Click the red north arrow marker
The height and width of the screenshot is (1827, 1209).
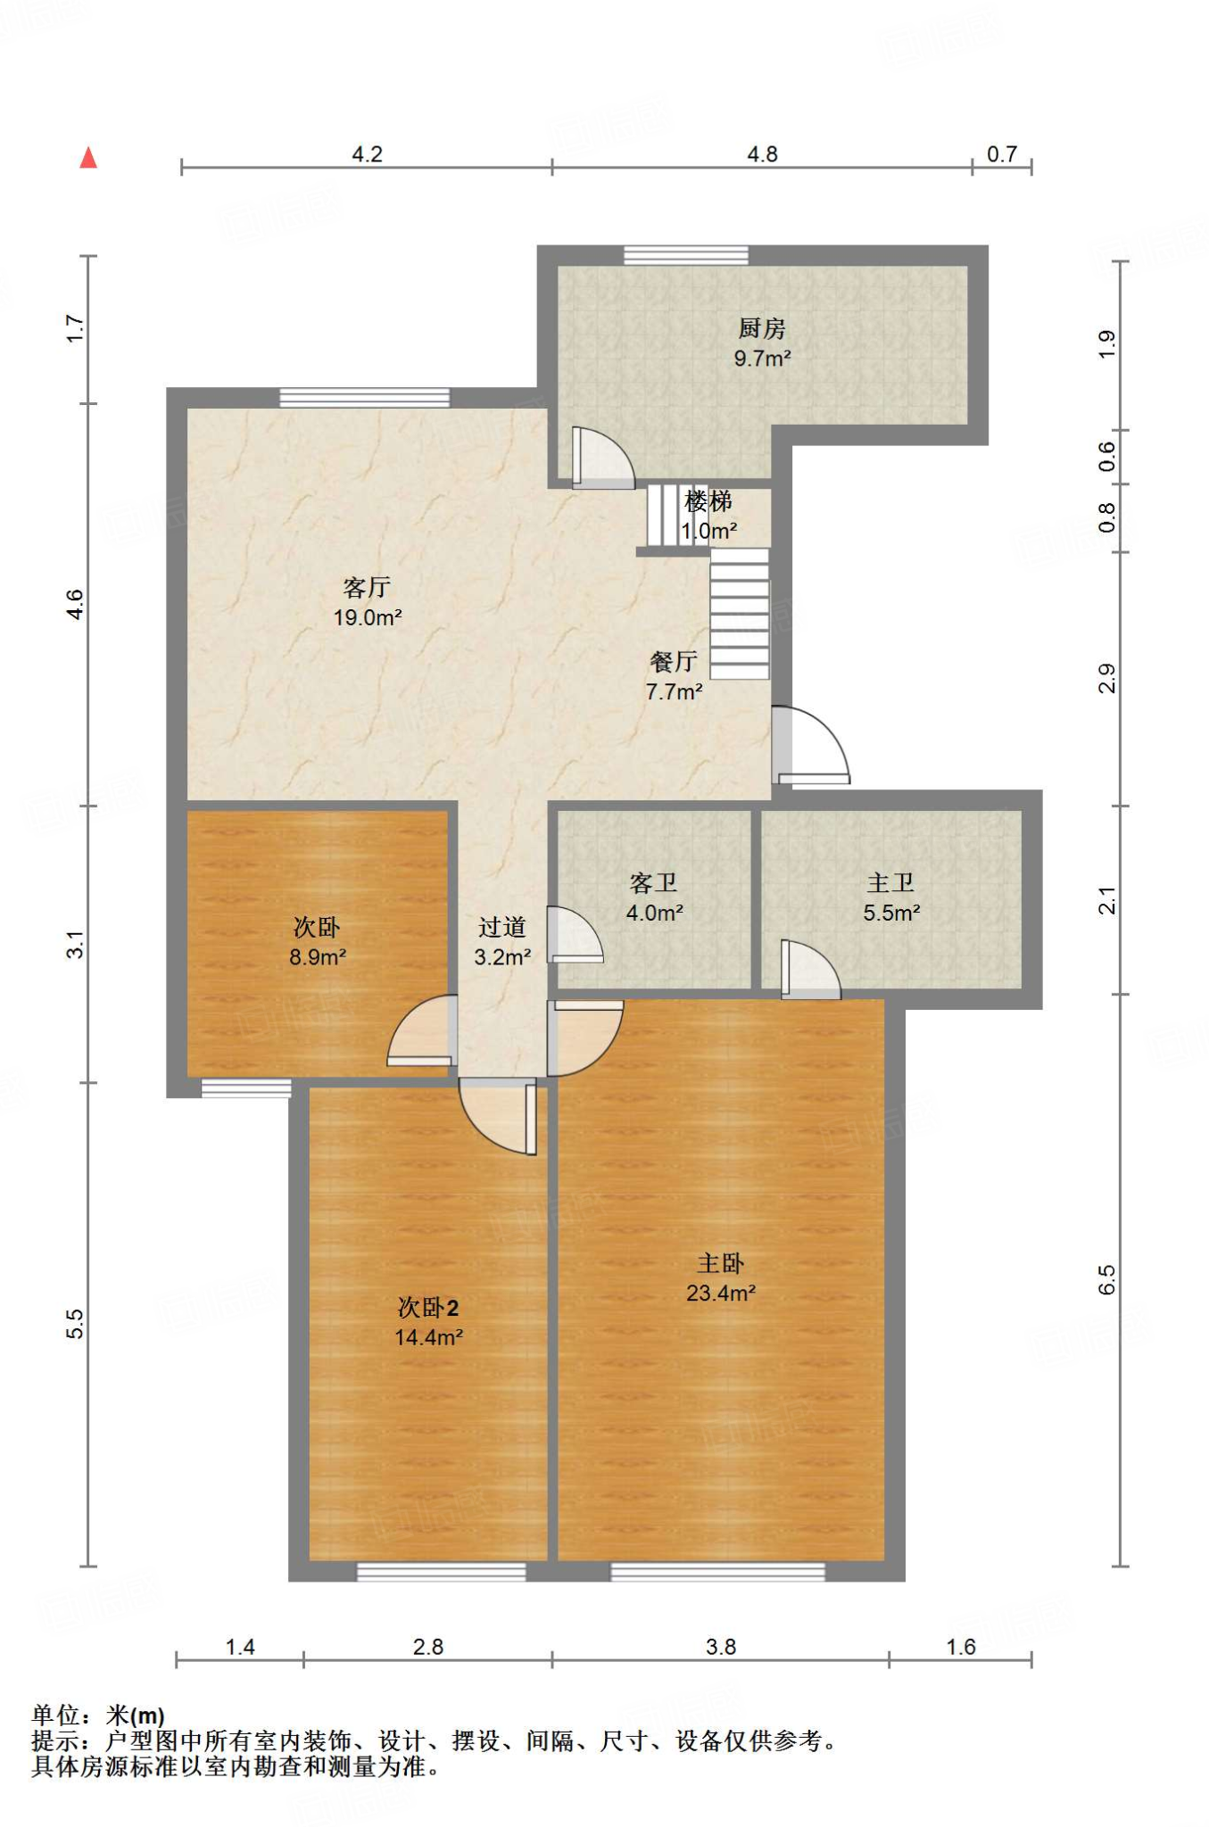pyautogui.click(x=88, y=158)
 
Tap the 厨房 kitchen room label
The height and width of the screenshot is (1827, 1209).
pyautogui.click(x=762, y=328)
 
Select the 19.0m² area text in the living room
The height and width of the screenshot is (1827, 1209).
pyautogui.click(x=368, y=616)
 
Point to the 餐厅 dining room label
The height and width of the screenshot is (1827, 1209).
pyautogui.click(x=674, y=661)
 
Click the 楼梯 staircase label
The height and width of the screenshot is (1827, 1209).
pyautogui.click(x=708, y=501)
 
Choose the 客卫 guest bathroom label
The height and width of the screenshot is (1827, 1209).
pyautogui.click(x=654, y=883)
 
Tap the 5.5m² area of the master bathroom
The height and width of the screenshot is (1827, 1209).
pyautogui.click(x=891, y=913)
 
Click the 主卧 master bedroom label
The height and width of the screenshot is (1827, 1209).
pyautogui.click(x=721, y=1263)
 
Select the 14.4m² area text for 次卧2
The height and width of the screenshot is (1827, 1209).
pyautogui.click(x=428, y=1336)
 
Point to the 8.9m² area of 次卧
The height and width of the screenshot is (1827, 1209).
pyautogui.click(x=318, y=957)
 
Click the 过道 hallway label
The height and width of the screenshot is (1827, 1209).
pyautogui.click(x=502, y=928)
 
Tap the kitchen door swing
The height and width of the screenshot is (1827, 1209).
pyautogui.click(x=603, y=458)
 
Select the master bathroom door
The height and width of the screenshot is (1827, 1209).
pyautogui.click(x=810, y=970)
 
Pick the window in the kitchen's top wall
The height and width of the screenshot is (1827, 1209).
pyautogui.click(x=685, y=255)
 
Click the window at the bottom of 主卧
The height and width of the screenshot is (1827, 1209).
pyautogui.click(x=717, y=1572)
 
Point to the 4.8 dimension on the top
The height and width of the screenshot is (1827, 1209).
pyautogui.click(x=763, y=154)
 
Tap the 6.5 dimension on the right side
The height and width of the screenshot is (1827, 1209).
pyautogui.click(x=1106, y=1280)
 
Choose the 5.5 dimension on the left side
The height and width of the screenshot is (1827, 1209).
pyautogui.click(x=75, y=1323)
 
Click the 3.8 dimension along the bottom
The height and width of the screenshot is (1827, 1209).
pyautogui.click(x=721, y=1647)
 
